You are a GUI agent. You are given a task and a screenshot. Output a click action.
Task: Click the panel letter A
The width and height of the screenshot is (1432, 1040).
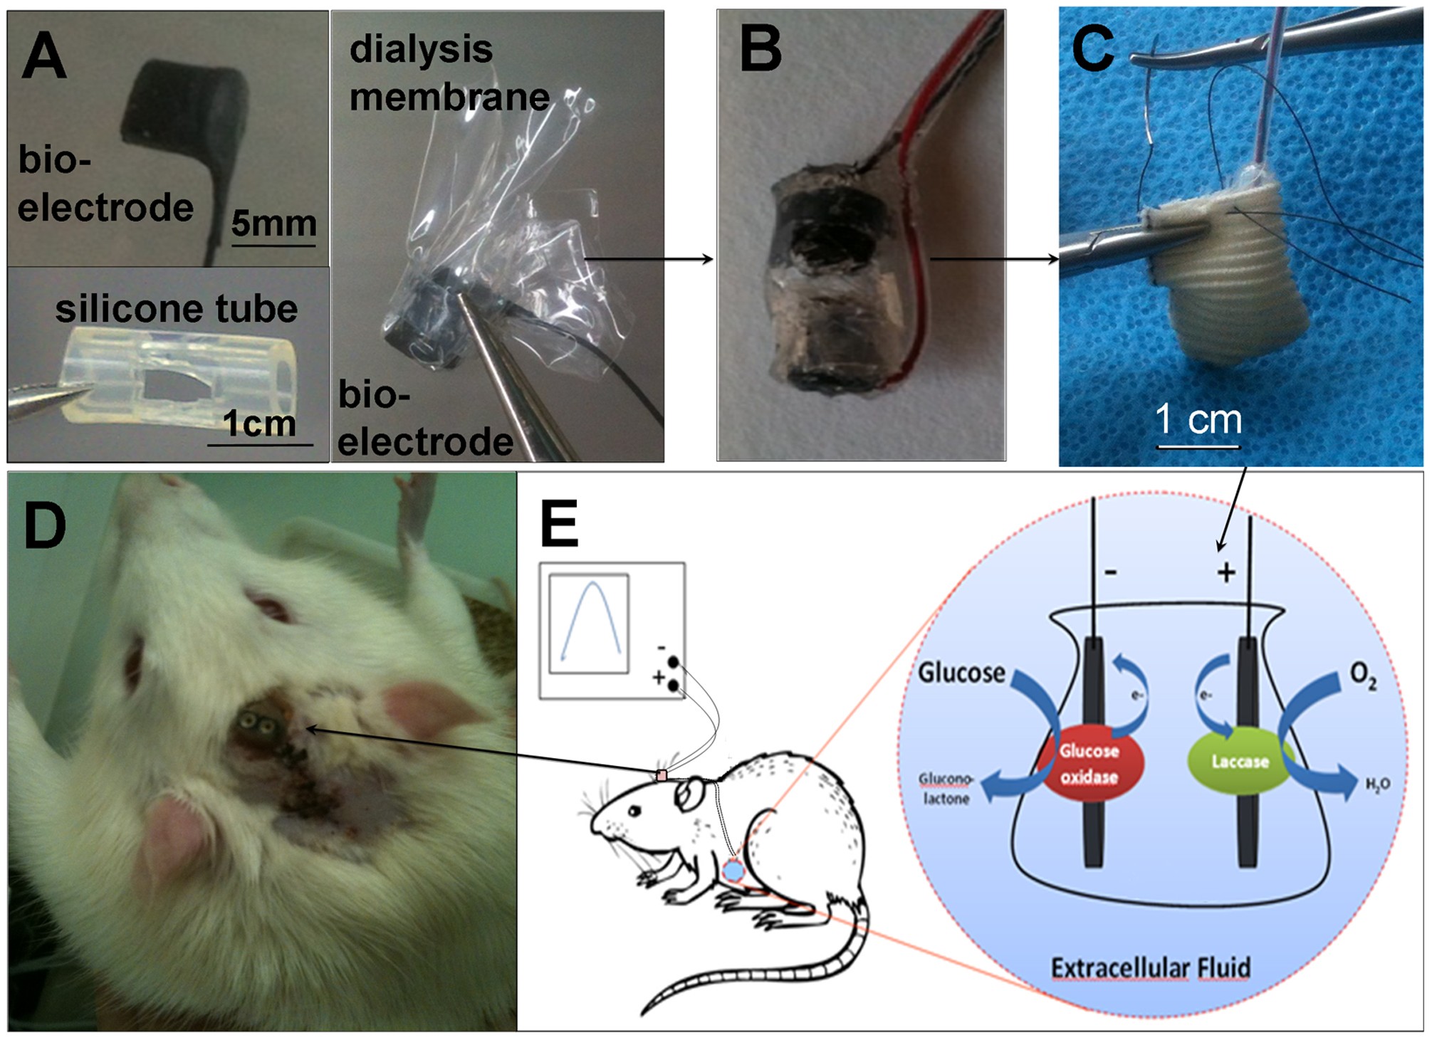(44, 57)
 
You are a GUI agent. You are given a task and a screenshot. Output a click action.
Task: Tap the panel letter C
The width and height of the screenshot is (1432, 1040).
(1093, 48)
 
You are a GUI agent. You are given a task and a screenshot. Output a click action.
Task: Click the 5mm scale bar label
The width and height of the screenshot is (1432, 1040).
(273, 224)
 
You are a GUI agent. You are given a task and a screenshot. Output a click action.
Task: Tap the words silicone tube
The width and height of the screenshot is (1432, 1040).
(177, 309)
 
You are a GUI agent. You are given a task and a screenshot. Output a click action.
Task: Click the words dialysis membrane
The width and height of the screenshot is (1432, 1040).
(449, 73)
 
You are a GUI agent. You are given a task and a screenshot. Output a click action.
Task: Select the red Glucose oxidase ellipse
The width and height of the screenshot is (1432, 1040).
(1089, 764)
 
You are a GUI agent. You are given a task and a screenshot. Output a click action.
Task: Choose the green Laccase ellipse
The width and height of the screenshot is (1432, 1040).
(1240, 762)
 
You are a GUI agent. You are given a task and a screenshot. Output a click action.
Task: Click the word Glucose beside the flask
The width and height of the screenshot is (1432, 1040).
(961, 673)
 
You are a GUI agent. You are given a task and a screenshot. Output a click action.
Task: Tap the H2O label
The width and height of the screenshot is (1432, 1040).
(1377, 785)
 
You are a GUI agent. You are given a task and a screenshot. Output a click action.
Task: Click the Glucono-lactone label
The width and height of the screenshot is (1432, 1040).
(946, 789)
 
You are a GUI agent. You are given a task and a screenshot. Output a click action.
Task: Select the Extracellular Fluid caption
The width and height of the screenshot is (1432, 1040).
(1151, 968)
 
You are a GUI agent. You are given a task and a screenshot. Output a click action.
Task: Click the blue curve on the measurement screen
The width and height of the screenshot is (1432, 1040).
(590, 619)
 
